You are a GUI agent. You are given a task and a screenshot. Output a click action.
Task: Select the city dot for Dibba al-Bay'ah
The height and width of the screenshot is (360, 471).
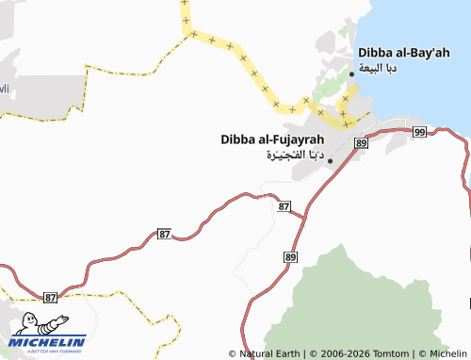352,74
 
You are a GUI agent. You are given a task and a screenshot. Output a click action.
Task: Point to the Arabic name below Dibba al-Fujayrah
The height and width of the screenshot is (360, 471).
295,155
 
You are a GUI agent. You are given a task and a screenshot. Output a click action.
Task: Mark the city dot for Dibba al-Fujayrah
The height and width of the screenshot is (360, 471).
330,161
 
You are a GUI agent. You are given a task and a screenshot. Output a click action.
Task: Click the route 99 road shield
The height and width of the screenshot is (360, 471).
419,131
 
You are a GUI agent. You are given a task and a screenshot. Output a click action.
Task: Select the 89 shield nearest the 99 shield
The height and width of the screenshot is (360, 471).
361,141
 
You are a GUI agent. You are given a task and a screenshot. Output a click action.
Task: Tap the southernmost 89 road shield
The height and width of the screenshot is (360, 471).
290,256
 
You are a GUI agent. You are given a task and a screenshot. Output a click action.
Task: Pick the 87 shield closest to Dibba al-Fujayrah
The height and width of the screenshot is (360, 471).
284,205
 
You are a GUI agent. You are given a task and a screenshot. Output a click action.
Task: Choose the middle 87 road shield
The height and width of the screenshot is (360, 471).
165,234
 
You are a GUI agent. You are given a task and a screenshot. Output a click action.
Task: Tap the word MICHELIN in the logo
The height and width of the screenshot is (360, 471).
48,341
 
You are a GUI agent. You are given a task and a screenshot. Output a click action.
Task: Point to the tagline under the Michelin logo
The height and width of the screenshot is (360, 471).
48,351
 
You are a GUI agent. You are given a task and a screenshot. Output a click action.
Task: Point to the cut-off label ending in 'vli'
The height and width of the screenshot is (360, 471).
4,89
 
